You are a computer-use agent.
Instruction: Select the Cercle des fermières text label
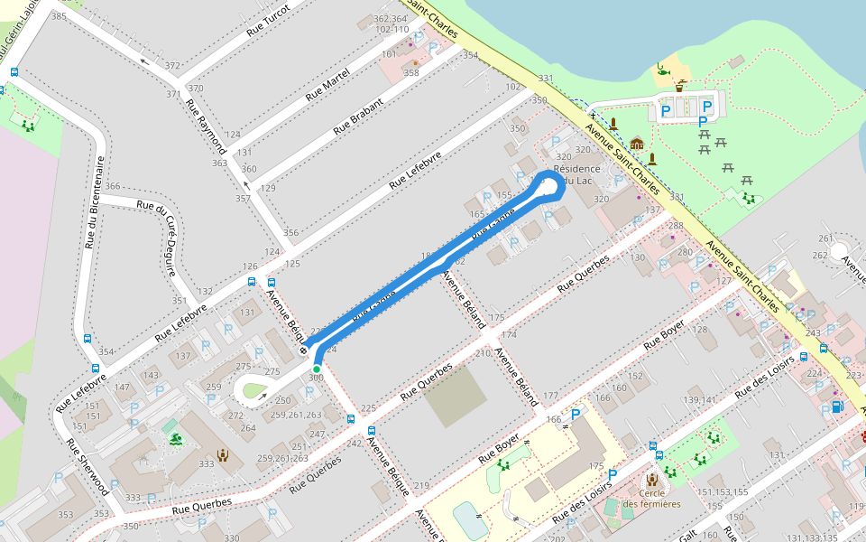pos(652,498)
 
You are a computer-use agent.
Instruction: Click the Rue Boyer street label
pos(667,334)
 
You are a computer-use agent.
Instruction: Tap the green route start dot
pos(317,369)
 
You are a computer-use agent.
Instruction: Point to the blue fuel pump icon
pos(838,407)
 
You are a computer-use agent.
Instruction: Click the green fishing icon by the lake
pos(663,69)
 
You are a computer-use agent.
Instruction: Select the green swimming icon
pos(174,440)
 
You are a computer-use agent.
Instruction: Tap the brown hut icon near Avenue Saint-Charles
pos(637,144)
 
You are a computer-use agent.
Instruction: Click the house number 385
pos(60,16)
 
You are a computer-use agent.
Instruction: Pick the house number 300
pos(316,377)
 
